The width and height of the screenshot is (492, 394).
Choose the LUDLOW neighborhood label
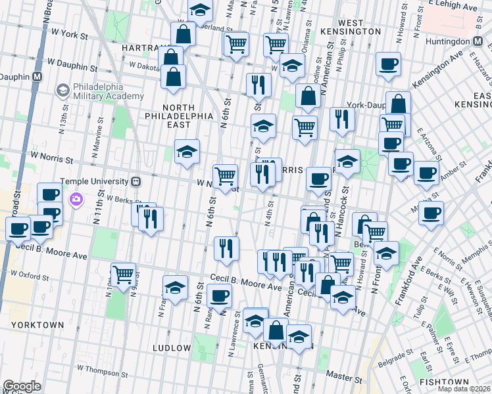(171, 347)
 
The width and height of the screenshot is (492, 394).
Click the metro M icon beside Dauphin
(37, 76)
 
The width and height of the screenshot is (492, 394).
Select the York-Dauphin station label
(364, 104)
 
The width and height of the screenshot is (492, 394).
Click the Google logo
(22, 386)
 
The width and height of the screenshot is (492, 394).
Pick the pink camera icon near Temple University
(77, 198)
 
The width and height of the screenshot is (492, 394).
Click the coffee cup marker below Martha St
(431, 213)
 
